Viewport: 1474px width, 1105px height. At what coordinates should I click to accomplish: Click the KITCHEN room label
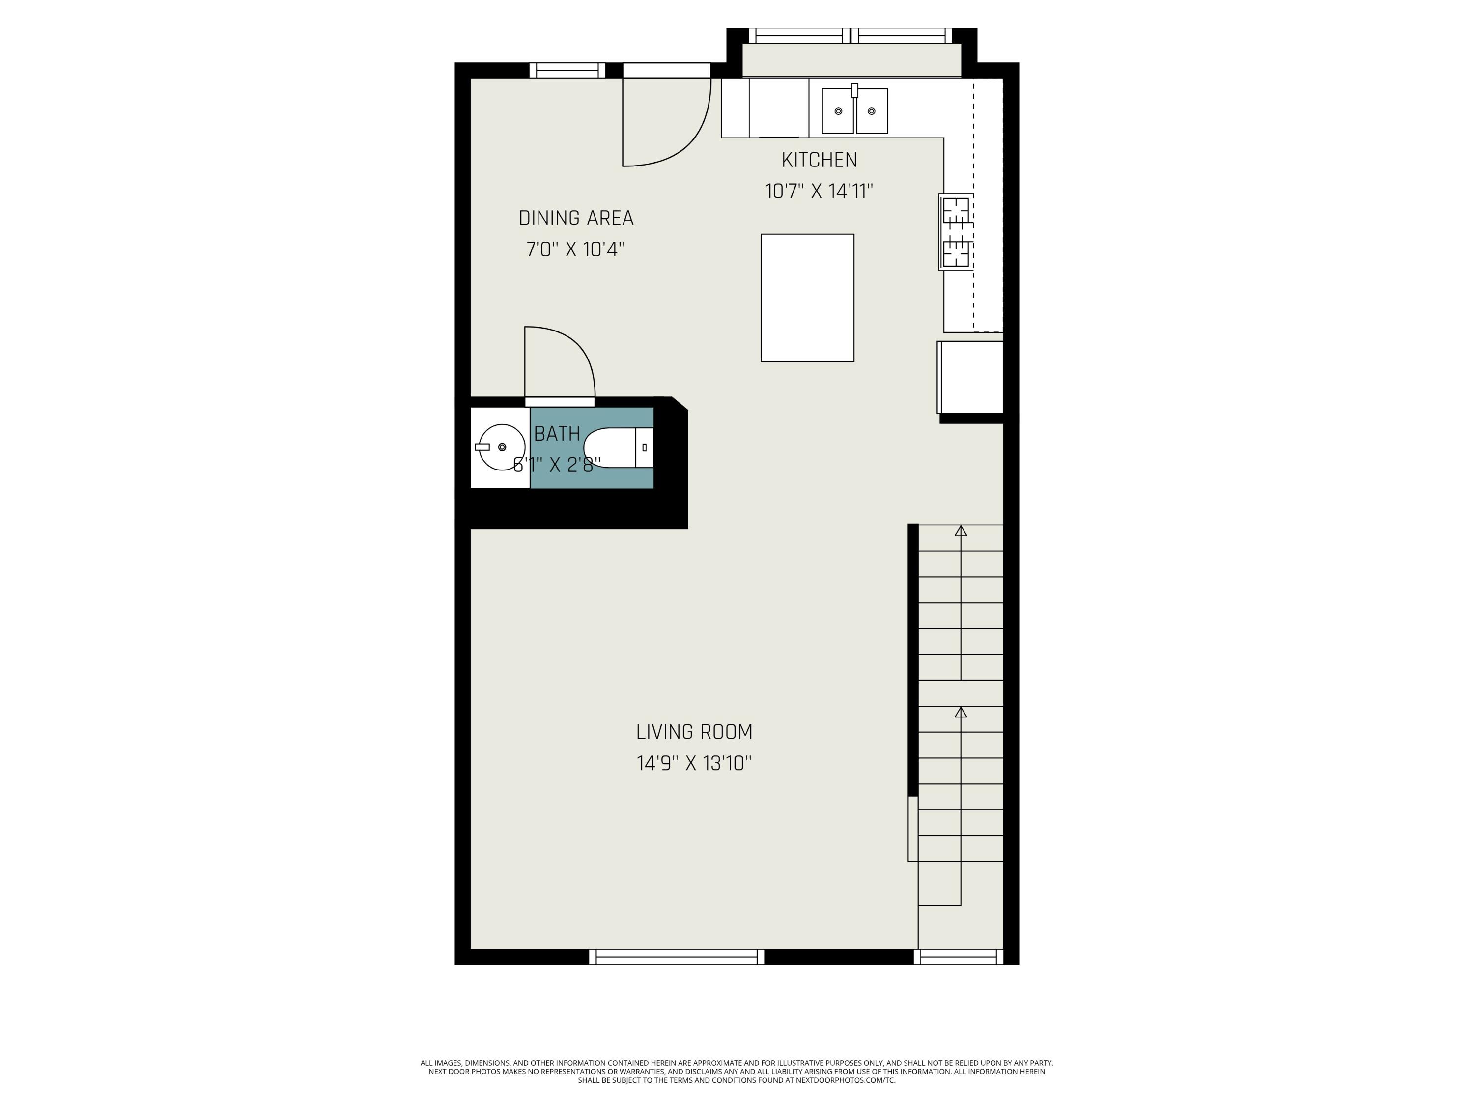[819, 160]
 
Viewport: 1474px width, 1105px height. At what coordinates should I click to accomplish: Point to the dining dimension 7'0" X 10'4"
[576, 250]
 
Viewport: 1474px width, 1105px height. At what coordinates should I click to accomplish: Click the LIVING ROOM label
[694, 732]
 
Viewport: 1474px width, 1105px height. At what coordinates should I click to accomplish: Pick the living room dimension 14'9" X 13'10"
[694, 763]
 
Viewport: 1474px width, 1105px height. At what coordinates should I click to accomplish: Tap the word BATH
[557, 434]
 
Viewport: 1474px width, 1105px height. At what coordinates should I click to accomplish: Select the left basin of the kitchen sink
[838, 111]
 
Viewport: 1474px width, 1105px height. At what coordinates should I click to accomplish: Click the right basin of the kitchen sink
[872, 111]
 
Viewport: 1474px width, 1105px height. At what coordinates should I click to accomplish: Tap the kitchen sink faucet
[854, 90]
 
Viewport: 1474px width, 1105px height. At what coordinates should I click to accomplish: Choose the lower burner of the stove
[956, 252]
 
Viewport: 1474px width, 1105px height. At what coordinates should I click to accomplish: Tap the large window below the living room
[677, 957]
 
